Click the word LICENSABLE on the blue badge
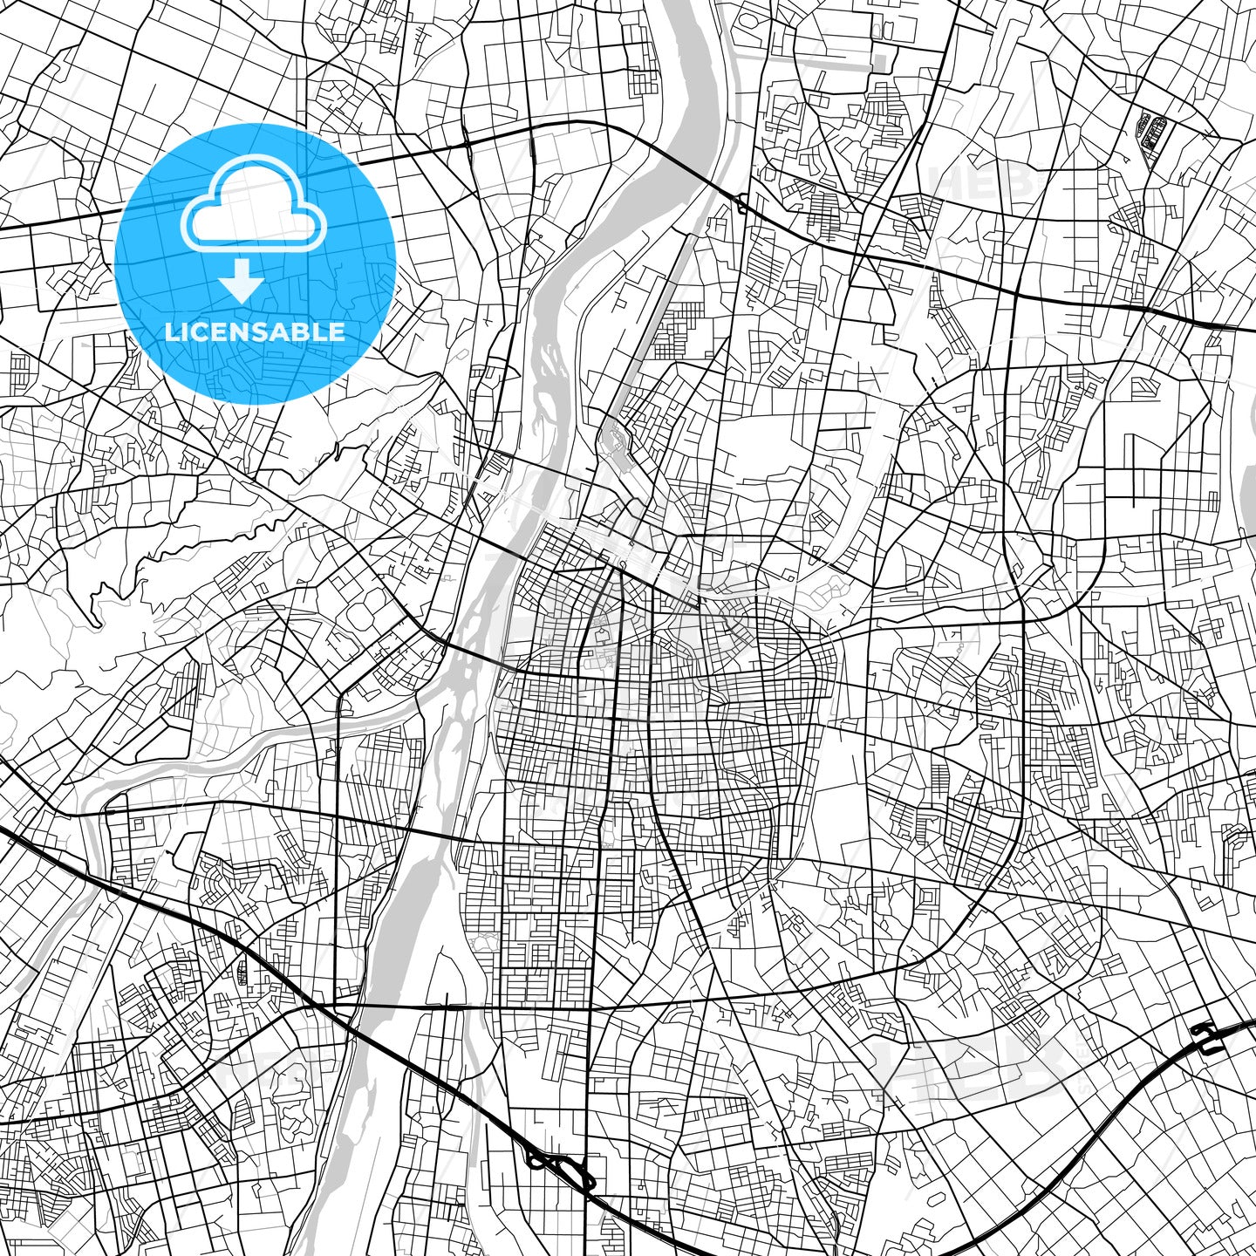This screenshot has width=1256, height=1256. tap(256, 332)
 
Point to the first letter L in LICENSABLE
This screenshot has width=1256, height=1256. tap(171, 332)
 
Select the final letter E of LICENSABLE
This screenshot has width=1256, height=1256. tap(338, 332)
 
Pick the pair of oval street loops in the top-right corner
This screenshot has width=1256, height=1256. tap(1153, 131)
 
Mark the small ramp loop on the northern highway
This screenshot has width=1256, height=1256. tap(741, 206)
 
